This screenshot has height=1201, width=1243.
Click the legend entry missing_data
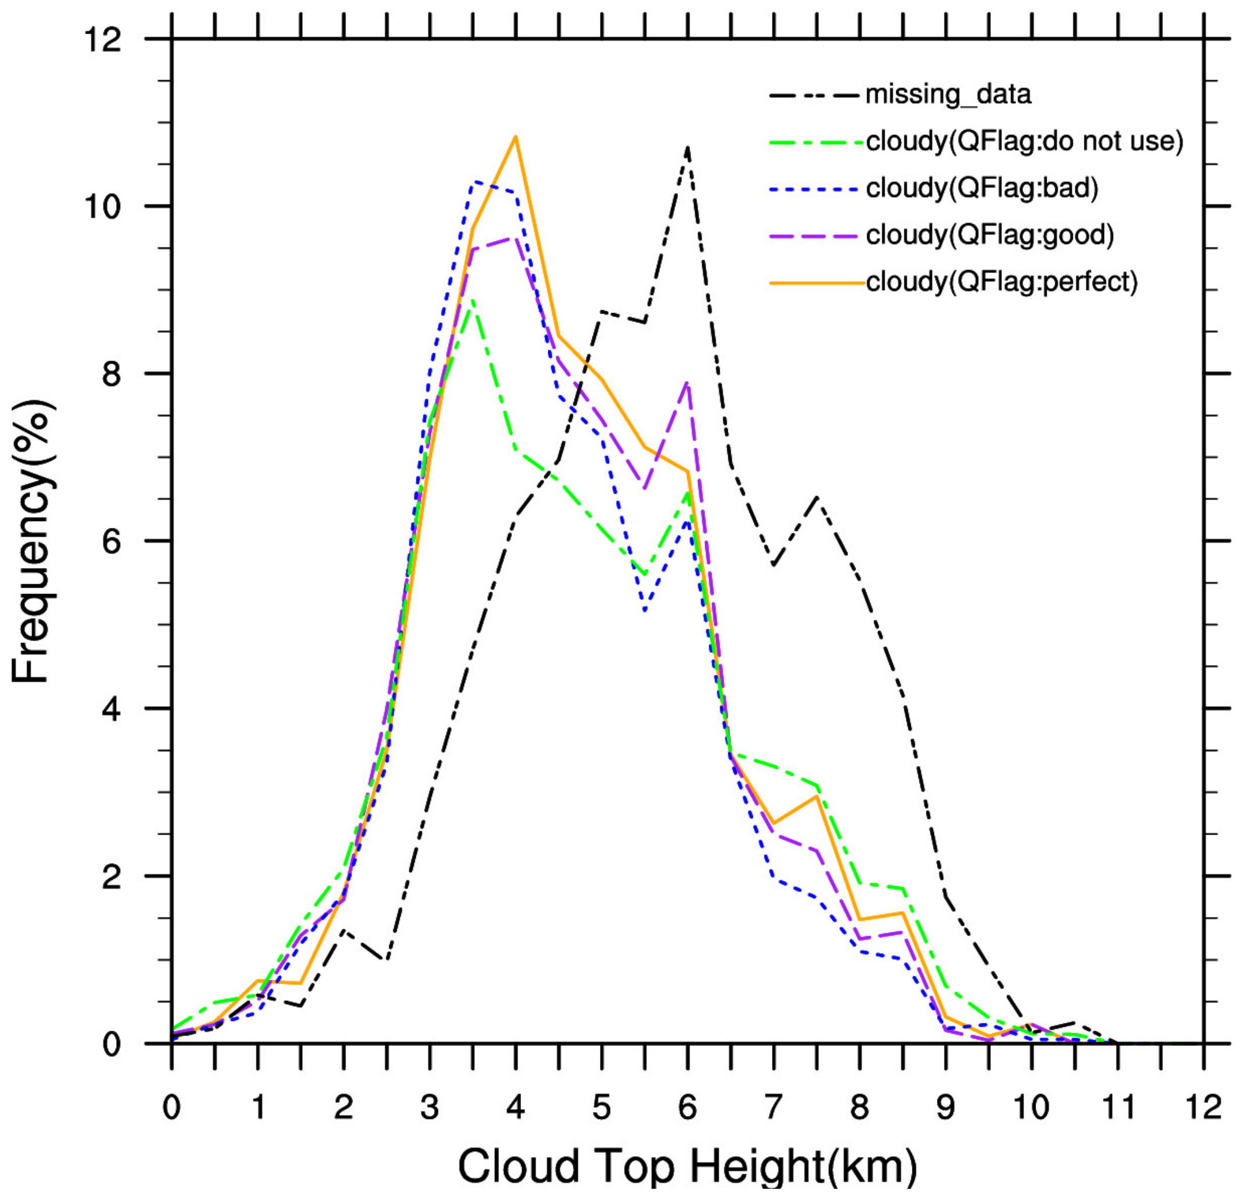click(x=947, y=95)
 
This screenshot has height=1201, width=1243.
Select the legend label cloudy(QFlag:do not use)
click(x=1024, y=141)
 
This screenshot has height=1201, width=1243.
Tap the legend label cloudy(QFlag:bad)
click(x=981, y=188)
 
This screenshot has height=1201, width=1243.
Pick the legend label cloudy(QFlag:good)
click(x=989, y=235)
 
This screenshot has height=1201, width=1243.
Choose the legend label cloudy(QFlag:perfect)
click(x=1001, y=282)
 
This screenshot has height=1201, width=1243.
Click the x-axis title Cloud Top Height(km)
click(x=688, y=1166)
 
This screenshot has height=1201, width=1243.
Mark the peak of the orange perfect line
click(x=516, y=136)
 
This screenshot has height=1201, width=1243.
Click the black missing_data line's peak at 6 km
click(x=688, y=147)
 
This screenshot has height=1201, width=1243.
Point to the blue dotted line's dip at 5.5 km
click(x=644, y=610)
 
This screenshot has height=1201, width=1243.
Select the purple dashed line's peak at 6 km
click(x=688, y=382)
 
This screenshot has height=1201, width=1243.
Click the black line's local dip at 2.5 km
click(x=386, y=959)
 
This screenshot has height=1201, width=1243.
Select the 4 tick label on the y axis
click(x=112, y=709)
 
